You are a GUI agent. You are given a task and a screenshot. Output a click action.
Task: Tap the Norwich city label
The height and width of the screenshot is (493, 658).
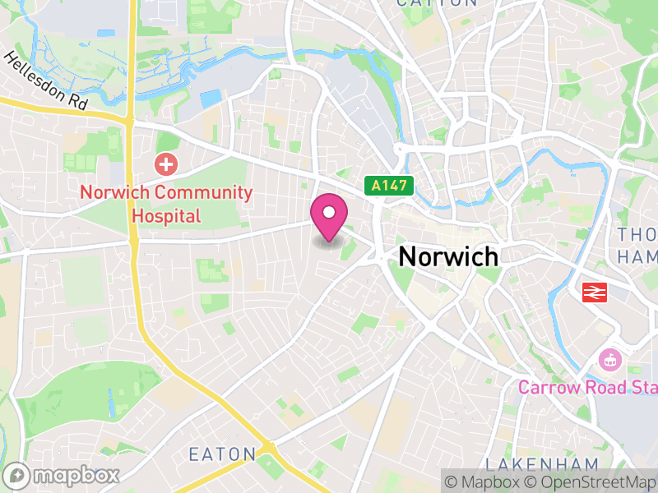click(448, 256)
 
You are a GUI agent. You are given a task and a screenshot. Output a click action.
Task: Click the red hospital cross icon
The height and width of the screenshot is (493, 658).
click(166, 164)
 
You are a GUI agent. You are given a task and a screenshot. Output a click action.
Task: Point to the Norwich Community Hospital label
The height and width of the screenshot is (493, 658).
click(165, 205)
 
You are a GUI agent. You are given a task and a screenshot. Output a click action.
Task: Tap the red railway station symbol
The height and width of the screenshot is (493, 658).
click(594, 292)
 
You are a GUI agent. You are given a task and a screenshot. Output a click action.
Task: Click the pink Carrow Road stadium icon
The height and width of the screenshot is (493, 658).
click(611, 359)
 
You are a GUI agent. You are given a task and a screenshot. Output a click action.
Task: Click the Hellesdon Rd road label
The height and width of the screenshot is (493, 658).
click(45, 82)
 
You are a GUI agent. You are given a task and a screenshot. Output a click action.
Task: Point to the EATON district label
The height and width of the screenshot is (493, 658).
click(223, 454)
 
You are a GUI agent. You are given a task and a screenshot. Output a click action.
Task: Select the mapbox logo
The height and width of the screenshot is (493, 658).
click(63, 476)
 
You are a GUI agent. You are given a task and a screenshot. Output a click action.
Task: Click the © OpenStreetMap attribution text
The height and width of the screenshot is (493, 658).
click(590, 481)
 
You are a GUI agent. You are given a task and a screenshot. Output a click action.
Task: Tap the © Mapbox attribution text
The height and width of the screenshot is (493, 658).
click(484, 481)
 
